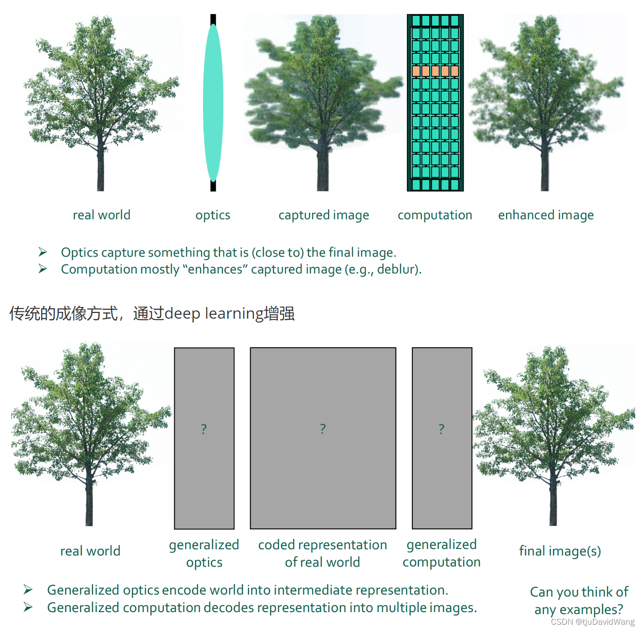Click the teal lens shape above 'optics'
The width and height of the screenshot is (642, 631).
pos(213,103)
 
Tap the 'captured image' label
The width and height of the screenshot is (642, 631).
pos(324,215)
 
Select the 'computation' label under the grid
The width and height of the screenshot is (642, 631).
pos(435,215)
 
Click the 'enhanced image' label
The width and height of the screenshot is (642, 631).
pos(546,215)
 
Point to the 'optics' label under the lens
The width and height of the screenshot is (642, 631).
pos(213,215)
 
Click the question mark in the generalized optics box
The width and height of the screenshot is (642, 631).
pos(204,429)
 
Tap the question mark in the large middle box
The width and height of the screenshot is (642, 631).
pos(323,429)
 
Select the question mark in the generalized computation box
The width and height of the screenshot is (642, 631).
pos(441,429)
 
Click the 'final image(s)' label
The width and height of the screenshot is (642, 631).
pos(560,551)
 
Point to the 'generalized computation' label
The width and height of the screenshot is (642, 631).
pos(441,553)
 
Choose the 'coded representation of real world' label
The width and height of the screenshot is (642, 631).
pos(323,553)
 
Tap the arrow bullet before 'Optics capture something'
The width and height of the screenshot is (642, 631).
pos(43,252)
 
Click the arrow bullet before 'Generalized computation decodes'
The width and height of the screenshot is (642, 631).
pos(29,607)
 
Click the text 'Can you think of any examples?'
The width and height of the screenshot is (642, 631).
pos(579,600)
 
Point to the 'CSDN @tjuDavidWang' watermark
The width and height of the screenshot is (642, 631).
pos(593,622)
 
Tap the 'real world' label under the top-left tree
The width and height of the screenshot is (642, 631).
pos(101,215)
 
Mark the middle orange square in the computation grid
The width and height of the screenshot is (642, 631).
pos(435,71)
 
